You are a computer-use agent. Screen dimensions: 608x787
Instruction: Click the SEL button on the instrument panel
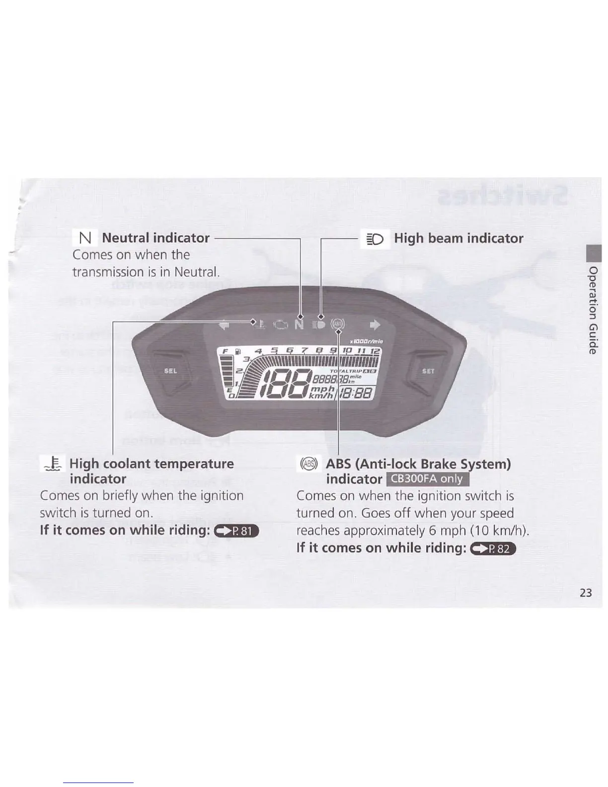(170, 371)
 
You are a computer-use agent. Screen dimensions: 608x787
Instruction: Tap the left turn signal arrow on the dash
(225, 325)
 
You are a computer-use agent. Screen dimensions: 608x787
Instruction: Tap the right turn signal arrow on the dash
(375, 325)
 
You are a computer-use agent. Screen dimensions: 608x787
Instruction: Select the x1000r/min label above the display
(366, 341)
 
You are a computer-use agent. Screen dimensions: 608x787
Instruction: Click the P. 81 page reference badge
(240, 531)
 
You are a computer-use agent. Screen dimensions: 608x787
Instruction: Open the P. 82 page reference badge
(496, 549)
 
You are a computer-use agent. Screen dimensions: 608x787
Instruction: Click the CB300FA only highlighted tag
(427, 479)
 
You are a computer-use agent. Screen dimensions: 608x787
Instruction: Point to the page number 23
(586, 593)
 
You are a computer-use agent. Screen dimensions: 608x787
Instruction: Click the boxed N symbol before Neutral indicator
(85, 238)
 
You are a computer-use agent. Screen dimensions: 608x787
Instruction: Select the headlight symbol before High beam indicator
(376, 239)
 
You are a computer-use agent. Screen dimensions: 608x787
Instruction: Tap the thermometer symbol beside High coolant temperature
(53, 464)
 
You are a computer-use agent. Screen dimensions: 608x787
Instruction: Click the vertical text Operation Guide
(593, 311)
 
